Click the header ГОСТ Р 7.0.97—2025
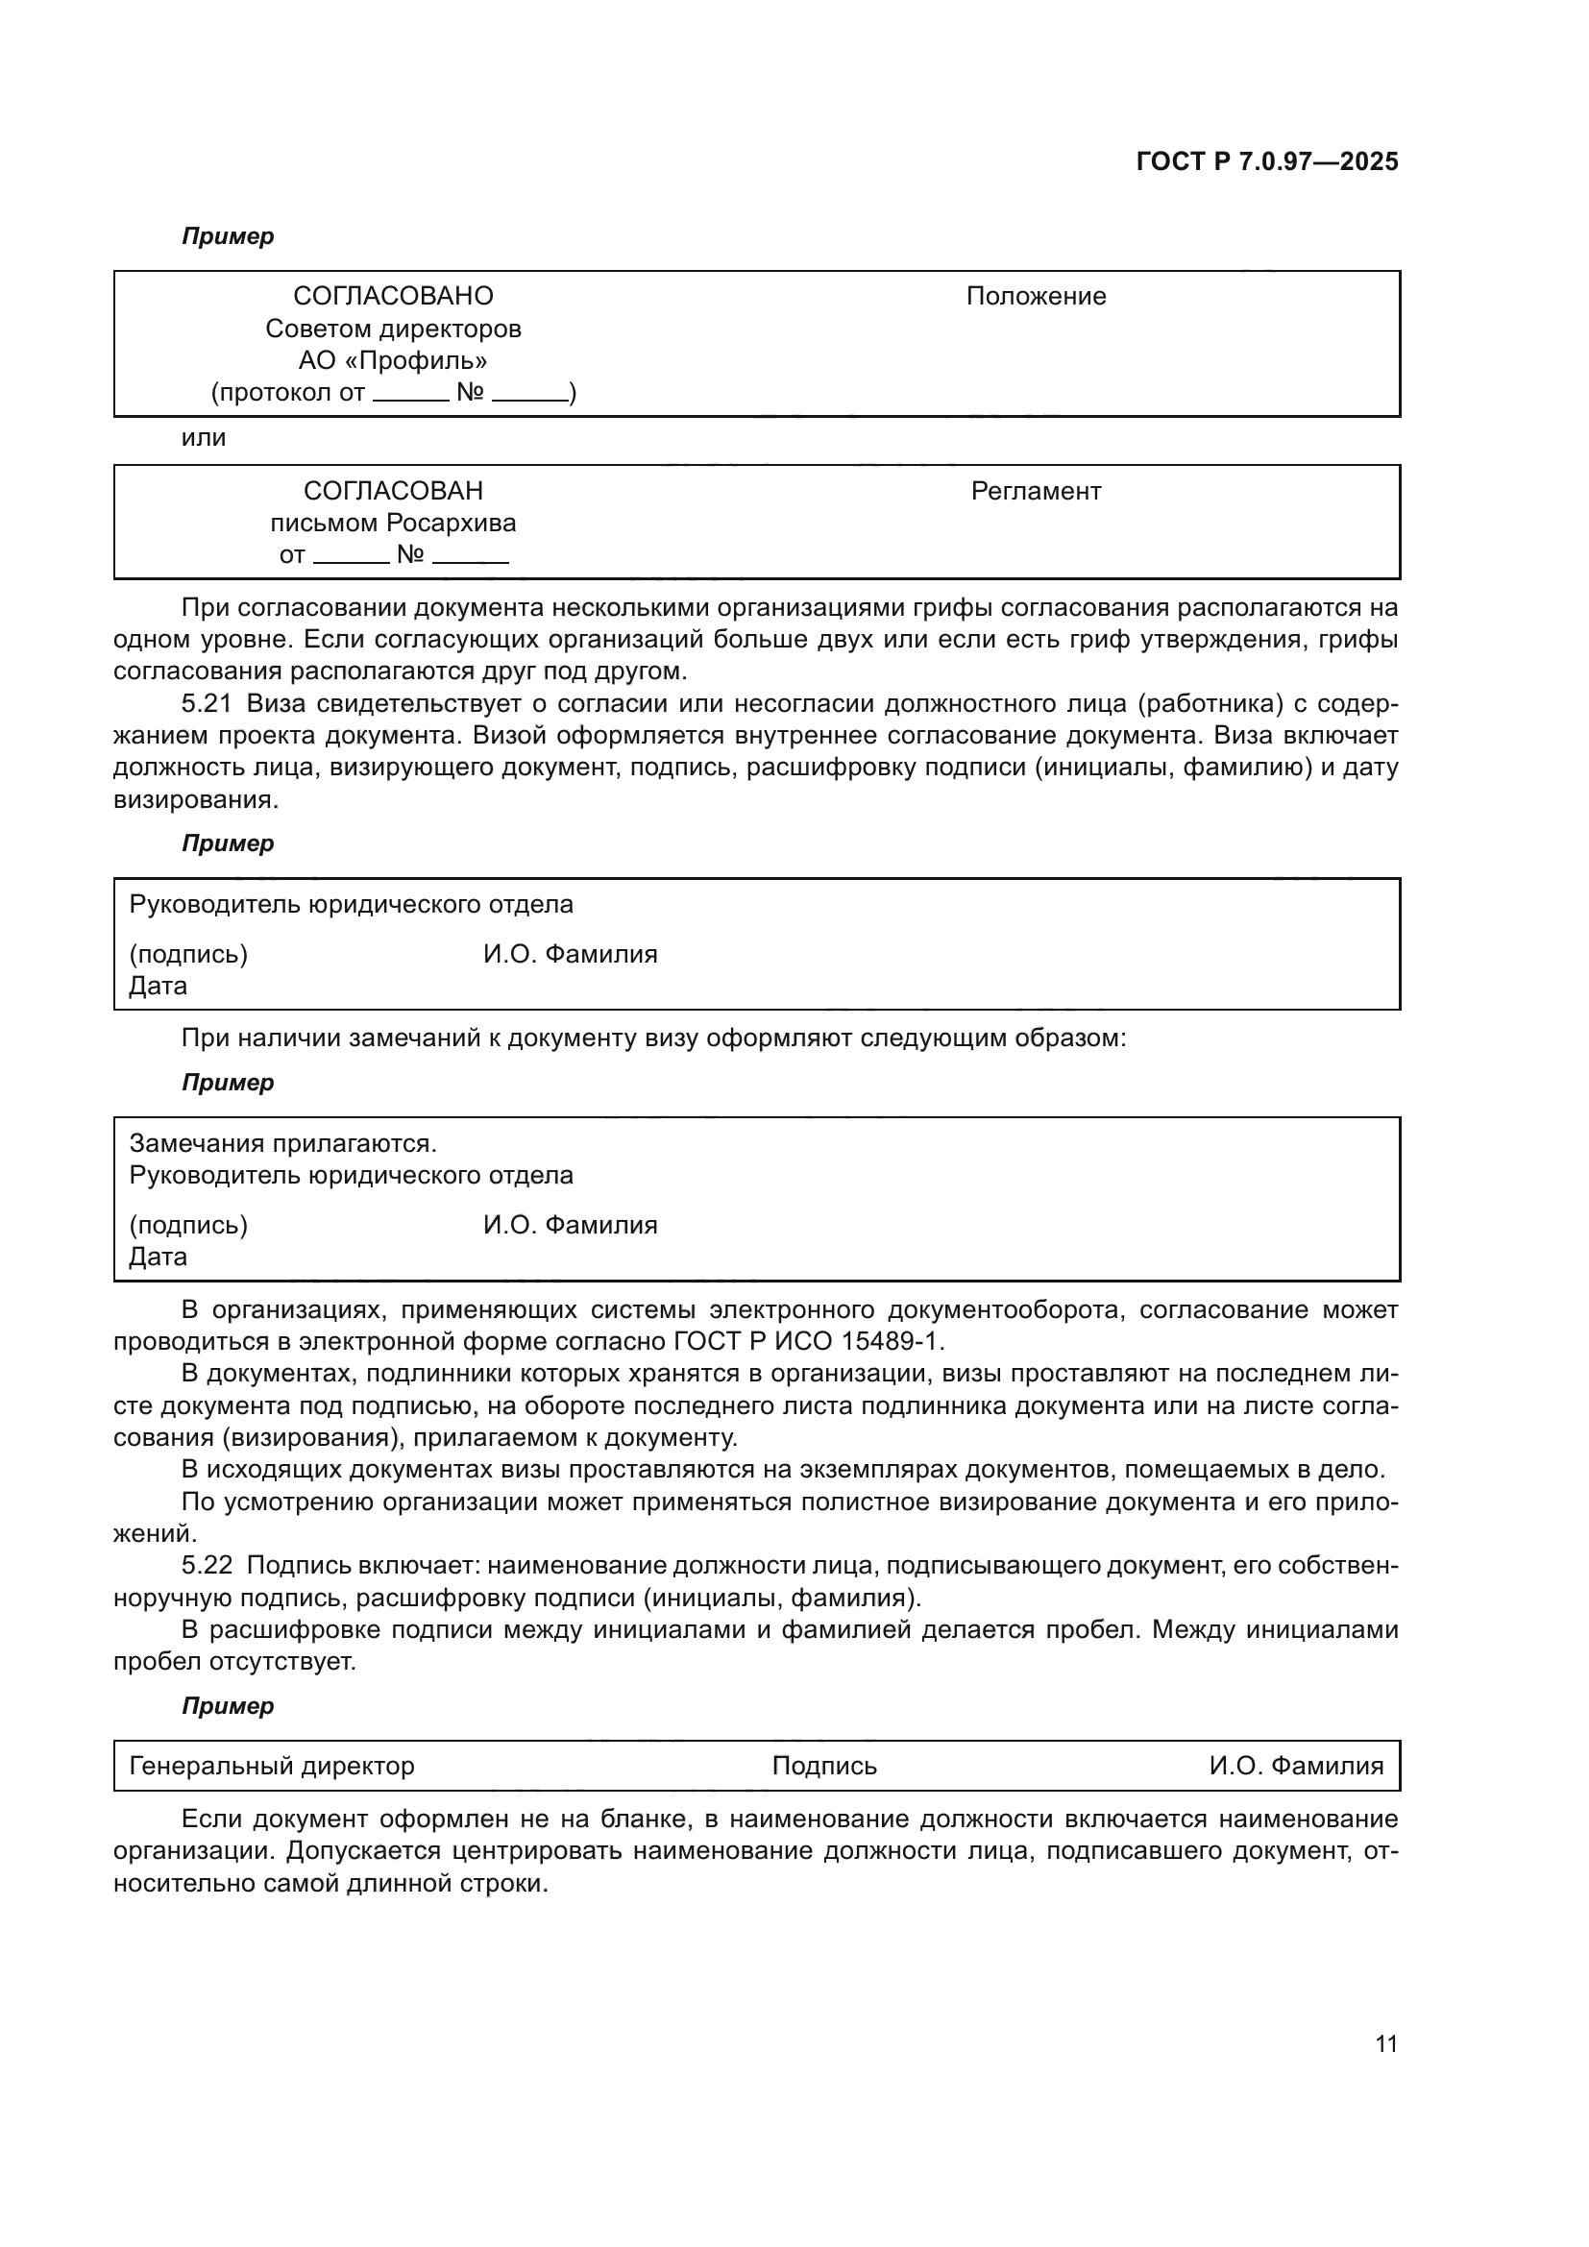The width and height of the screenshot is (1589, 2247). [x=1266, y=162]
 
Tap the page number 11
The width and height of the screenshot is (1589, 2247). [x=1385, y=2044]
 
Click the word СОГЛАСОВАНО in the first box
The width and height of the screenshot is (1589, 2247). [x=393, y=297]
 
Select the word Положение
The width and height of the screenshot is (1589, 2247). [x=1036, y=297]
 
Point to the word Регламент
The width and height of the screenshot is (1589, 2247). [x=1036, y=491]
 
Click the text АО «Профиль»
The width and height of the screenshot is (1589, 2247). [x=393, y=361]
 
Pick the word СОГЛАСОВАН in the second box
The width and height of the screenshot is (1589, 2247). [x=393, y=491]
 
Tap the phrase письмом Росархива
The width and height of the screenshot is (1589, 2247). [x=393, y=524]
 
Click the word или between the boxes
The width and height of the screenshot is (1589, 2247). [x=204, y=438]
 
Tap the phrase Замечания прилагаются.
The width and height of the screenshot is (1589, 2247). [x=282, y=1143]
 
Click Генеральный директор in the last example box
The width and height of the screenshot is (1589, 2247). [x=272, y=1767]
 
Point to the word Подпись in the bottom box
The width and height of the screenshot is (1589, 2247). [x=824, y=1767]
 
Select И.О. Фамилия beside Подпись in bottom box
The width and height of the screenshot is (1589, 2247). [x=1295, y=1767]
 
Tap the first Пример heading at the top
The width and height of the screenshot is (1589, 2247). [x=228, y=237]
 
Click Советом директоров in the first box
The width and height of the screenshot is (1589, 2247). [x=393, y=329]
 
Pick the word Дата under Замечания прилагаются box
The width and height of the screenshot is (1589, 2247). [x=159, y=1258]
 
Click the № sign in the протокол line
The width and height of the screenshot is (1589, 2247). [x=470, y=394]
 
